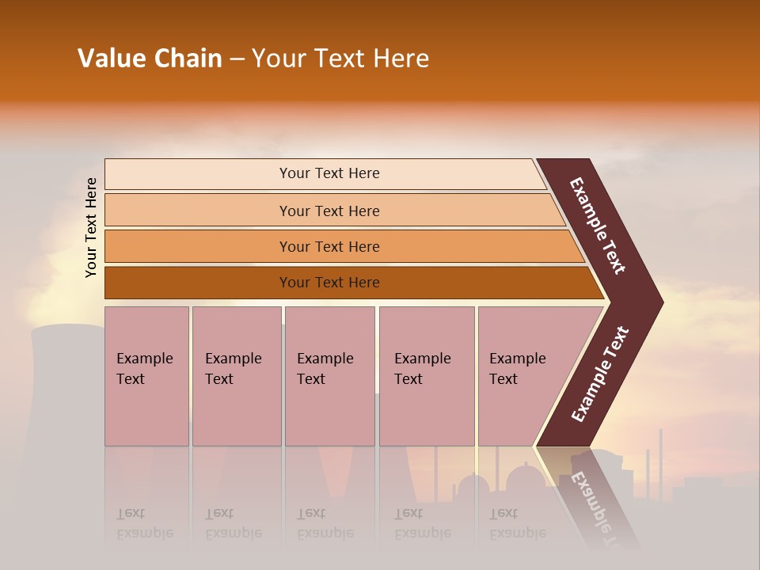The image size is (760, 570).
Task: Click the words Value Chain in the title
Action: [x=150, y=59]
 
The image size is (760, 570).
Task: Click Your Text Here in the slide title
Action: [x=340, y=59]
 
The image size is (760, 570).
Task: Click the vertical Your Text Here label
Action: [x=91, y=227]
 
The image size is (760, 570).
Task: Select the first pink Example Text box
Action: [x=146, y=375]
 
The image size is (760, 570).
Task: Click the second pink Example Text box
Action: [x=237, y=375]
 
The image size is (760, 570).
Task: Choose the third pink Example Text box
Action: [x=329, y=375]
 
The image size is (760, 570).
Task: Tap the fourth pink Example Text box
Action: [x=427, y=375]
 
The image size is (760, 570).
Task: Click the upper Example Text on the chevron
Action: [x=598, y=226]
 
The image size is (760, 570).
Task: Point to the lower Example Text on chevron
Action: [x=600, y=374]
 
